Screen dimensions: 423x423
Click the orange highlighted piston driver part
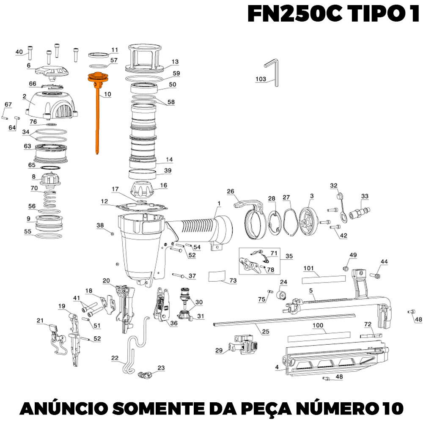[97, 108]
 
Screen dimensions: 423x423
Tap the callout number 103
[261, 79]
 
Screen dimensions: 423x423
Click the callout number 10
[107, 94]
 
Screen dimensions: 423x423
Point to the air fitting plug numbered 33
[359, 213]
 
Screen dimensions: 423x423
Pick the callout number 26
[231, 191]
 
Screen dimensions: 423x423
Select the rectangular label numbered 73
[216, 276]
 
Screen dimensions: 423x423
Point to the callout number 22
[115, 358]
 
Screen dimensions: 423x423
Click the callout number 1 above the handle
[219, 203]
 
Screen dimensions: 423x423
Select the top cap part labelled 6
[52, 72]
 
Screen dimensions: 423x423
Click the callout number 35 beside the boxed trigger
[289, 256]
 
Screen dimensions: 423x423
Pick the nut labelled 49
[345, 268]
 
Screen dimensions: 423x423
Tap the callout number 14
[169, 159]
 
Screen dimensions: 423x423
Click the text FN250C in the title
[294, 14]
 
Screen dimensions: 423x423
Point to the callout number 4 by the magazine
[277, 367]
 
